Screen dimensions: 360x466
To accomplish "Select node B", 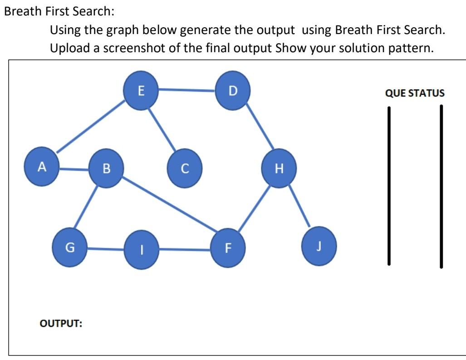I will tap(107, 169).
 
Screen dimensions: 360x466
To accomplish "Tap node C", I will tap(184, 169).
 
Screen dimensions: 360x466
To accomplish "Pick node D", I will tap(233, 91).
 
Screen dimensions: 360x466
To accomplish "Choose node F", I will tap(228, 248).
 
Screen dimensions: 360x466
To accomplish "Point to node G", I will tap(70, 247).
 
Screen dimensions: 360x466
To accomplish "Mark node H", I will tap(280, 169).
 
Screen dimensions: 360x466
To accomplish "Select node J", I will tap(319, 247).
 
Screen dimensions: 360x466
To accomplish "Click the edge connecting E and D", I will tap(187, 90).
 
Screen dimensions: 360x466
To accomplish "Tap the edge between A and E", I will tap(91, 128).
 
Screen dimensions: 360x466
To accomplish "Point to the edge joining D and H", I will tap(259, 128).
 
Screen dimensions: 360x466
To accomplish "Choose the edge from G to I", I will tap(105, 249).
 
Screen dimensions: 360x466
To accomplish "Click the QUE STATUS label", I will tap(414, 94).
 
